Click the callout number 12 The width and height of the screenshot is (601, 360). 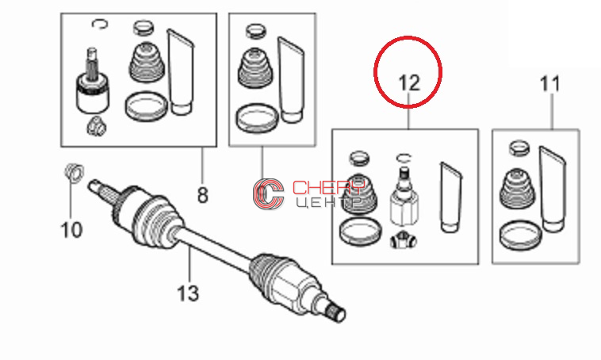[x=409, y=82]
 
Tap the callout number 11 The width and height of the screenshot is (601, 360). [x=549, y=83]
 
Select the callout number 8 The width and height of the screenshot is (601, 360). [x=202, y=195]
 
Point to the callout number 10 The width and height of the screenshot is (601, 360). [x=71, y=230]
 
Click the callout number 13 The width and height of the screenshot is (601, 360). [x=188, y=293]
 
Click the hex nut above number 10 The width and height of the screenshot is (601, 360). [x=74, y=172]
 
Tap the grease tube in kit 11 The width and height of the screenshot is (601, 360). [x=553, y=189]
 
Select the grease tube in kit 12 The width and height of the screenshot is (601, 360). [x=450, y=197]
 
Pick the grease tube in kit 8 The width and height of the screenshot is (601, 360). [x=180, y=71]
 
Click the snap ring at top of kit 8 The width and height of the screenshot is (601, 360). [x=100, y=24]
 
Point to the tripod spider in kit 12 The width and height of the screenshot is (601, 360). [x=404, y=240]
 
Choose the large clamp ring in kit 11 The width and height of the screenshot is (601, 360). [x=520, y=235]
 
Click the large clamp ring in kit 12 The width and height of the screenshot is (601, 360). [x=360, y=232]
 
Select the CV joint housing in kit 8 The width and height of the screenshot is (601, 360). [x=92, y=94]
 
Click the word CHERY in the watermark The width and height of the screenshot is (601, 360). [x=328, y=187]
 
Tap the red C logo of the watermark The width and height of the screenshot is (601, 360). [x=268, y=194]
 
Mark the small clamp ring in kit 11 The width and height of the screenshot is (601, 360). [x=519, y=148]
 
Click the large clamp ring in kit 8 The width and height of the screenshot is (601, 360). [x=146, y=106]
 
